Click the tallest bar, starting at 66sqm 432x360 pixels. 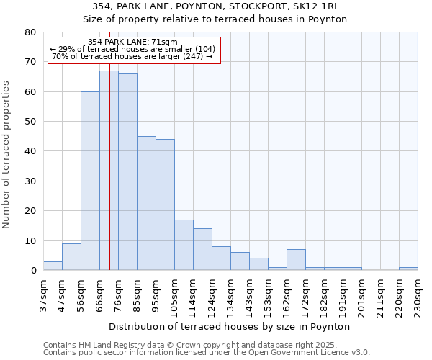109,171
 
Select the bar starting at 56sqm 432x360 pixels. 90,181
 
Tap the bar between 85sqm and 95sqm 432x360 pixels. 146,203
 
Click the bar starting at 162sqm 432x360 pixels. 296,260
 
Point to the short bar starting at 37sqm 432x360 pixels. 53,266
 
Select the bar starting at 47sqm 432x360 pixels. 71,257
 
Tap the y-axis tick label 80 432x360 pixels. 30,32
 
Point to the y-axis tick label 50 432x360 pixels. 30,122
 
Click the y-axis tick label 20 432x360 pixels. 30,211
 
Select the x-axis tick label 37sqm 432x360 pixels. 43,294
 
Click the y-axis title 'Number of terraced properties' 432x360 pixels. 6,154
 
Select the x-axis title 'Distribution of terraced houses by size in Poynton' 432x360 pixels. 229,326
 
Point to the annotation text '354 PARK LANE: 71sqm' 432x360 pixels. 132,42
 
